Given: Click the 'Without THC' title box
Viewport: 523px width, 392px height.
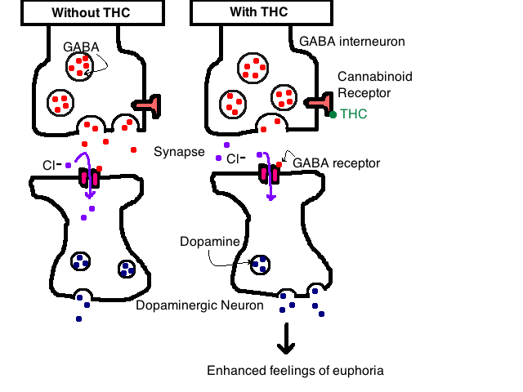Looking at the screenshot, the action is (x=92, y=13).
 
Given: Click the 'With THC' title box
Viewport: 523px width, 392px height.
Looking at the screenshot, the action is (x=261, y=12).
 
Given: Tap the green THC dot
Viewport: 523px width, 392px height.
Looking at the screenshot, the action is (x=333, y=114).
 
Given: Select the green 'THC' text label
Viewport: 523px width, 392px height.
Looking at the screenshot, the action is (x=354, y=114).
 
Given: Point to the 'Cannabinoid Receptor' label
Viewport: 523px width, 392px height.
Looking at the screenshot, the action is (x=375, y=85).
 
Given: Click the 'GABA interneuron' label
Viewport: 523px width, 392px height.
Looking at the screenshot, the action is (x=352, y=42).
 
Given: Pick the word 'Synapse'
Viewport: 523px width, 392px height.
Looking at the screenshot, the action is (x=179, y=152).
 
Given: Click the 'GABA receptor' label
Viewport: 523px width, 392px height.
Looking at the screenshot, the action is (x=336, y=163).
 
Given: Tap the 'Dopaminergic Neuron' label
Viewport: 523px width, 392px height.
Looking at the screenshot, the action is (x=199, y=305).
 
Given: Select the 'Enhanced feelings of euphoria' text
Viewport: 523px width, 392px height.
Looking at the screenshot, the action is (x=295, y=371).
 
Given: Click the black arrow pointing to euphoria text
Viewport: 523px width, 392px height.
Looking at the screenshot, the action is (x=286, y=338).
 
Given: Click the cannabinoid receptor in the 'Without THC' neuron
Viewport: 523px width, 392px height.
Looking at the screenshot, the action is (x=147, y=105).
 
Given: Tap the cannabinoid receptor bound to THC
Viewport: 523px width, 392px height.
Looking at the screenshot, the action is (x=319, y=103).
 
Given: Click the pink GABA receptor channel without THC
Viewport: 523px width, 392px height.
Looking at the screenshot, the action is (x=89, y=178).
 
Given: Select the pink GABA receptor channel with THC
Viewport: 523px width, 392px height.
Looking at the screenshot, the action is (x=269, y=174).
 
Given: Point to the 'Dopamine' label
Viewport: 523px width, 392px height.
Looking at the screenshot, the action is (x=210, y=242).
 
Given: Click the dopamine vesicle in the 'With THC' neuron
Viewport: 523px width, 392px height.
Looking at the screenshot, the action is (x=260, y=265).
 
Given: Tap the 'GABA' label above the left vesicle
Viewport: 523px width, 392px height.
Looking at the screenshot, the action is (x=81, y=47).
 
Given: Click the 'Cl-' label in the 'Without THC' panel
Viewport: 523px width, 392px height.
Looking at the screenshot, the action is (x=51, y=165).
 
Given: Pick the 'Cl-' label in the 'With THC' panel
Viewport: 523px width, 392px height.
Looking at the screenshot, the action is (x=236, y=159).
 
